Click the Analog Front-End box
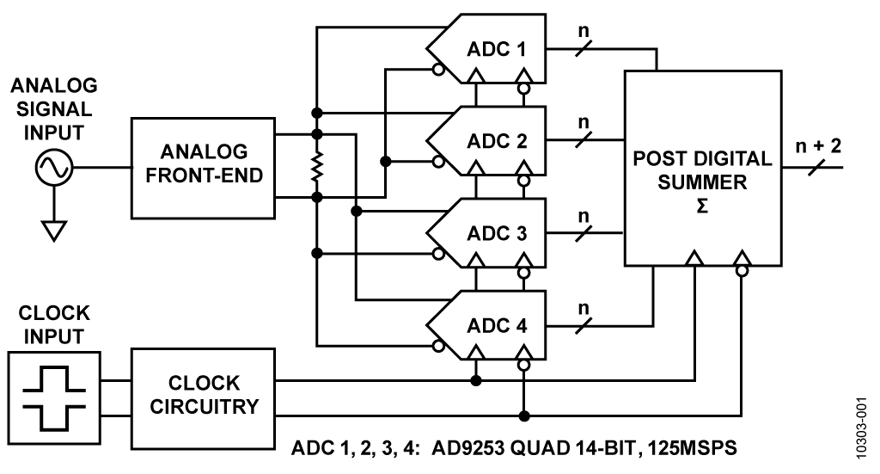click(203, 168)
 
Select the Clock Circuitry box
click(203, 399)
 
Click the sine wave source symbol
click(54, 168)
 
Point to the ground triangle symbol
click(54, 231)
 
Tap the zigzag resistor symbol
click(317, 166)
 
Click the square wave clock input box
click(54, 398)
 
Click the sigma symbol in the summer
click(702, 206)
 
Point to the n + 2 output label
click(818, 146)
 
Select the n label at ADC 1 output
click(584, 30)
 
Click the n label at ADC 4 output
click(584, 308)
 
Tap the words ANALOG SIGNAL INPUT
click(54, 109)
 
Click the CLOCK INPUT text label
click(54, 324)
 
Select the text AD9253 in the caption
click(470, 448)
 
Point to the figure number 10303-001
click(863, 428)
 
